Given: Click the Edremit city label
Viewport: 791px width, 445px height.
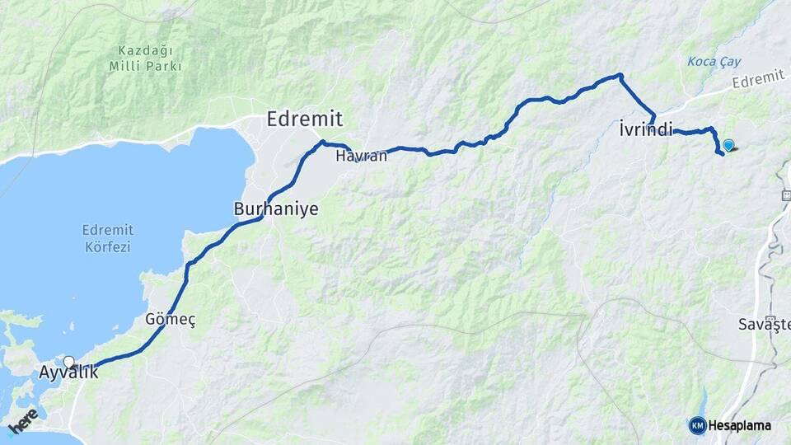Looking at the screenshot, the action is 304,119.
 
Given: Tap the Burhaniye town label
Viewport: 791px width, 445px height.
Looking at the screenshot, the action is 276,209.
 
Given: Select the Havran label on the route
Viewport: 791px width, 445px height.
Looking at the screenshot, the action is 362,155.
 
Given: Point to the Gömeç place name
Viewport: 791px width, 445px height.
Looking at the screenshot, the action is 170,319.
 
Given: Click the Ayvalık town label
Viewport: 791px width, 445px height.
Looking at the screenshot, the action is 68,372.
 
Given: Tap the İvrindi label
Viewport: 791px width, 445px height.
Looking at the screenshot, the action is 645,129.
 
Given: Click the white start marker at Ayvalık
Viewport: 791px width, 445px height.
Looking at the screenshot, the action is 69,362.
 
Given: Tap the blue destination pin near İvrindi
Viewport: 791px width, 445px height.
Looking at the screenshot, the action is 728,145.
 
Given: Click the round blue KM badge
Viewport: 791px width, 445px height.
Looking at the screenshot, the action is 697,425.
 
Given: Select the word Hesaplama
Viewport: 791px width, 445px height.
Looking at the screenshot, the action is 739,426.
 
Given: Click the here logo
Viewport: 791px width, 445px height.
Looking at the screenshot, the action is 23,420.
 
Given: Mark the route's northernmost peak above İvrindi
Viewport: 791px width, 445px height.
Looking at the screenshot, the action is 620,76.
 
